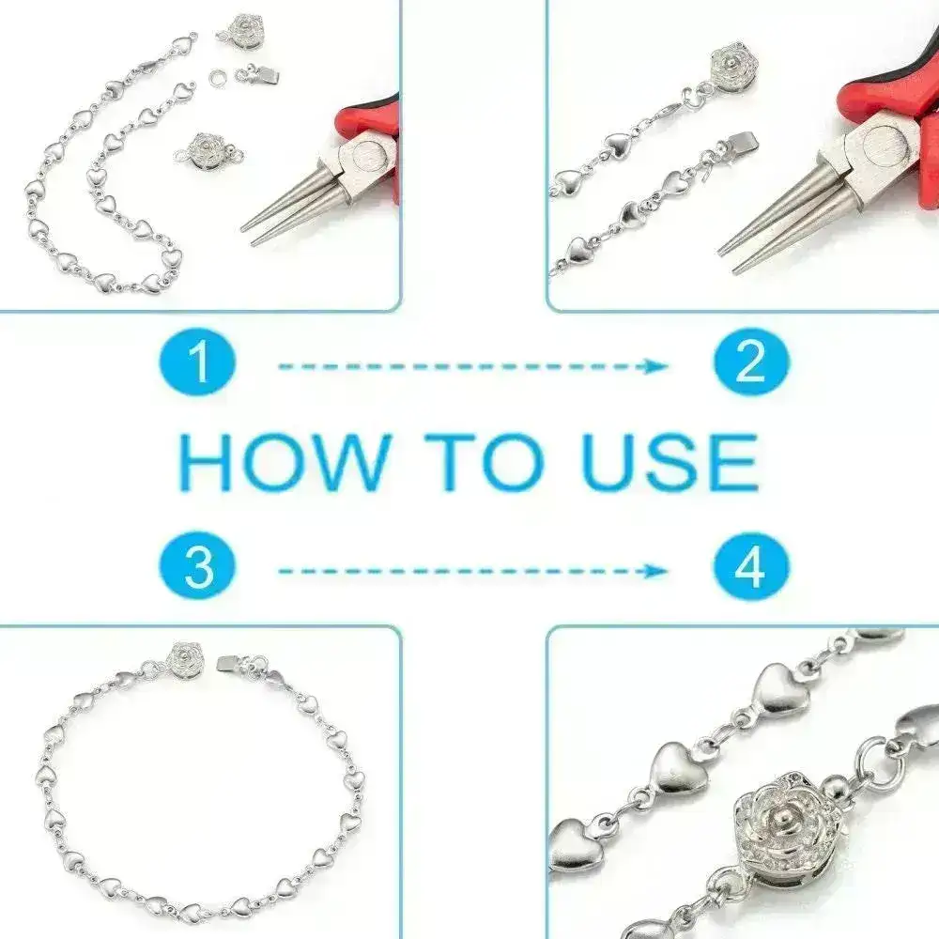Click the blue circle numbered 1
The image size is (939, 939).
click(x=199, y=363)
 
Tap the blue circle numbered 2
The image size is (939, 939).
click(x=750, y=363)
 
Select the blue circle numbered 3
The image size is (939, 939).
click(x=199, y=569)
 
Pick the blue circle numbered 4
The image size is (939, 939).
click(x=750, y=569)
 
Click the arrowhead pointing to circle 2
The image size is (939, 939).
click(x=657, y=365)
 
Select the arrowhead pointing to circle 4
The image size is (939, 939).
click(x=657, y=570)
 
